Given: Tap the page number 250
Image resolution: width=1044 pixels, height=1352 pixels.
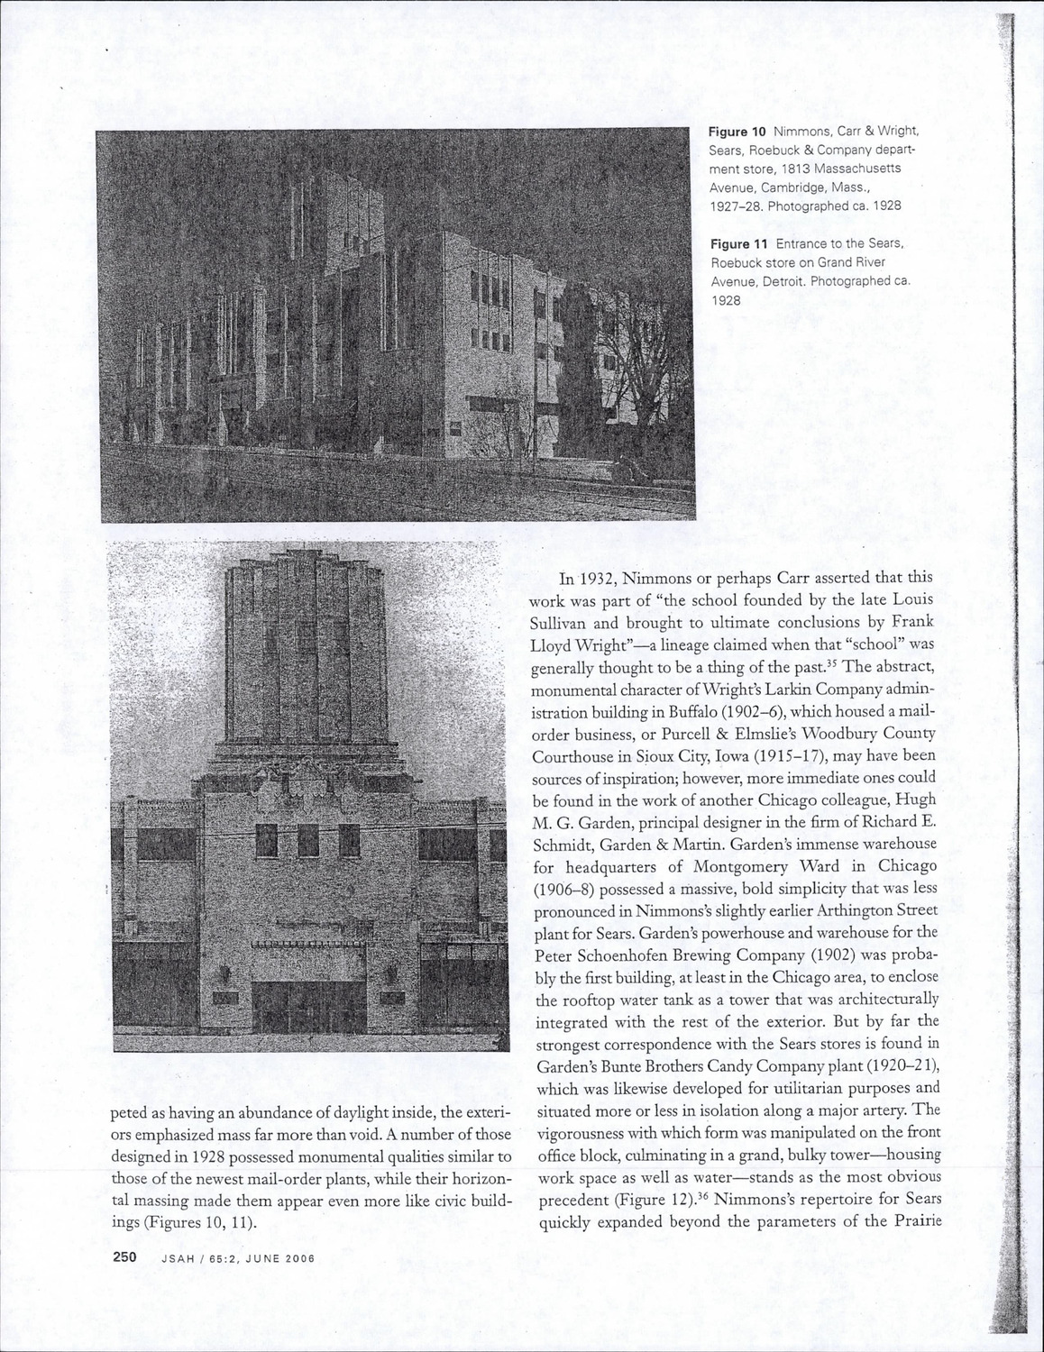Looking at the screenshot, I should click(x=124, y=1256).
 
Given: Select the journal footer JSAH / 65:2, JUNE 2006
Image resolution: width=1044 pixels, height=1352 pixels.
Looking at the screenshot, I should click(x=237, y=1259).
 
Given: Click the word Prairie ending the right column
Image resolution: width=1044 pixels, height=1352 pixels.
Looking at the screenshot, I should click(x=912, y=1222).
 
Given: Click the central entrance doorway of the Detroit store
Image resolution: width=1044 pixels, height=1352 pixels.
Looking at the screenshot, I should click(x=307, y=1006).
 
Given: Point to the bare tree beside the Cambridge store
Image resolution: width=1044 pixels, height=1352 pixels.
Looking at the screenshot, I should click(x=651, y=379).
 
